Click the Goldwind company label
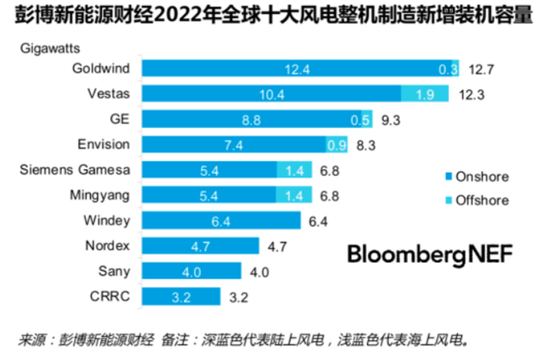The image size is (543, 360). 100,68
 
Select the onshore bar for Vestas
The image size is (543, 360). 272,94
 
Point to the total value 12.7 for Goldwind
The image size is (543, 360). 481,68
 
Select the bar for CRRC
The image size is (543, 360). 183,296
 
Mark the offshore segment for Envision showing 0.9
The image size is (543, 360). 336,144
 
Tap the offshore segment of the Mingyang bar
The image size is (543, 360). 294,195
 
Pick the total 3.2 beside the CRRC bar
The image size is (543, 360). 239,296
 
